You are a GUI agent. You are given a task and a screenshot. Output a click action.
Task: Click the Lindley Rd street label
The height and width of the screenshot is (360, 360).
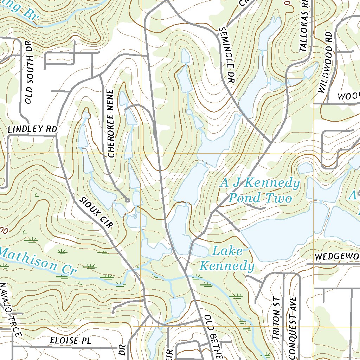click(32, 129)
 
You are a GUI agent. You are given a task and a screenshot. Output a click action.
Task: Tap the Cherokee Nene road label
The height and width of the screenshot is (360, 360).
click(111, 124)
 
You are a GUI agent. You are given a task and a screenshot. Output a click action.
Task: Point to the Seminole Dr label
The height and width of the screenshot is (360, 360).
click(226, 56)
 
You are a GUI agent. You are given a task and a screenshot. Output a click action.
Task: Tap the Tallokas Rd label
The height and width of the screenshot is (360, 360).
click(304, 26)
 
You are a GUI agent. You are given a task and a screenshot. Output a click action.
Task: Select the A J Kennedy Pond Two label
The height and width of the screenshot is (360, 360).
click(260, 191)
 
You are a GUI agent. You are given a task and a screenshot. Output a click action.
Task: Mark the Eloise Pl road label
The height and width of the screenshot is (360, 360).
click(70, 340)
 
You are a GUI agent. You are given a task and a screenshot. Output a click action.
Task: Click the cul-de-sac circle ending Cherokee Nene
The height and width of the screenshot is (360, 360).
click(128, 200)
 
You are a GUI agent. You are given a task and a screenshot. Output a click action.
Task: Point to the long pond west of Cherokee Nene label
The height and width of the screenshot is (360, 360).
click(83, 135)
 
